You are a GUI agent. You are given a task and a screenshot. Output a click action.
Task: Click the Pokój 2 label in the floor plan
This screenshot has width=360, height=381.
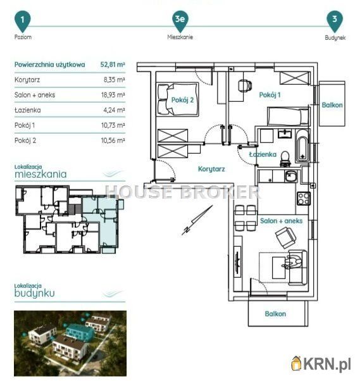click(182, 100)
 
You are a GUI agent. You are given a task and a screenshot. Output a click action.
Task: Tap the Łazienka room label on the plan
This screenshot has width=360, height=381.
click(263, 154)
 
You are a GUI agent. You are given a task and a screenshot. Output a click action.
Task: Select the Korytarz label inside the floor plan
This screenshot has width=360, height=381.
click(211, 169)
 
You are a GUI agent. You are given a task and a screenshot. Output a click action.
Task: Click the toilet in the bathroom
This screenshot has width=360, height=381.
click(285, 159)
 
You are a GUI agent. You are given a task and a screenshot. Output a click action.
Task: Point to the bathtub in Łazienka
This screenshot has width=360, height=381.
click(302, 146)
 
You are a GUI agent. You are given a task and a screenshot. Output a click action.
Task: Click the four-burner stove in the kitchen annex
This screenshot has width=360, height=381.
click(304, 199)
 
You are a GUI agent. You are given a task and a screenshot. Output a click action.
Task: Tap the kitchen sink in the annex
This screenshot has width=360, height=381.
click(291, 177)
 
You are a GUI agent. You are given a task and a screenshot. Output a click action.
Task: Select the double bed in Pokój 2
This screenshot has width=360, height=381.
click(178, 99)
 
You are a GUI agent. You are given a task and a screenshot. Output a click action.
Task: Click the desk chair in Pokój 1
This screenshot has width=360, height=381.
click(245, 85)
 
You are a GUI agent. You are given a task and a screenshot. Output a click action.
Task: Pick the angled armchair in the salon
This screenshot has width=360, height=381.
click(285, 237)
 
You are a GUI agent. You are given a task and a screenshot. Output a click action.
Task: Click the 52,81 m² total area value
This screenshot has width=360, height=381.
click(113, 65)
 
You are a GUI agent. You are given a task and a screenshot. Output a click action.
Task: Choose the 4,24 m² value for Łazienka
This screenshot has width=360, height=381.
click(114, 110)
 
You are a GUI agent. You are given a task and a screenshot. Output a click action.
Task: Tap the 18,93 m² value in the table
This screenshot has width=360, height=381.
click(113, 95)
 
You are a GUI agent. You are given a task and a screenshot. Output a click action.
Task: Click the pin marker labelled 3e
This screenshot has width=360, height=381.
click(180, 22)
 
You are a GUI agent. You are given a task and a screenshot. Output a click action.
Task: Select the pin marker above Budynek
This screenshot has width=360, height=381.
click(335, 22)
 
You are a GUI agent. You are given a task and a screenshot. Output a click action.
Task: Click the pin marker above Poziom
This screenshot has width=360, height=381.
click(23, 22)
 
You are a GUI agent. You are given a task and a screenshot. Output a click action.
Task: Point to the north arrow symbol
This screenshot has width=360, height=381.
click(197, 220)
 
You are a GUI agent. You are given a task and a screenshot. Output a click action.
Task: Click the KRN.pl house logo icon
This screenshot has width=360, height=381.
click(297, 363)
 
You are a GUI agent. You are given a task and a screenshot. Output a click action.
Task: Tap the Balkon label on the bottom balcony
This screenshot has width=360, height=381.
click(275, 314)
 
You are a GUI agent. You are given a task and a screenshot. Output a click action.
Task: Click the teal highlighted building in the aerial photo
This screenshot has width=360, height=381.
click(80, 332)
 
